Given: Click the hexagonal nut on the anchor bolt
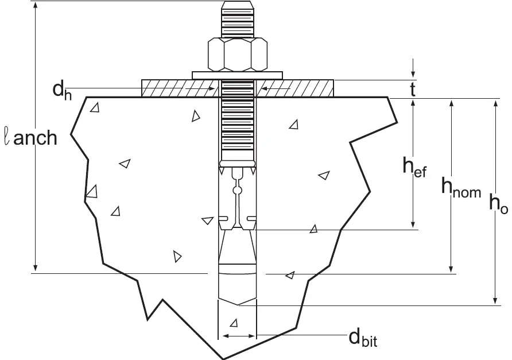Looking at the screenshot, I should [x=237, y=54].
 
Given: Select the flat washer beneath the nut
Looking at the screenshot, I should [x=237, y=75].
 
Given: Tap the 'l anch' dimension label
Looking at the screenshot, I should [x=32, y=138].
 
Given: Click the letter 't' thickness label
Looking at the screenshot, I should [x=412, y=89].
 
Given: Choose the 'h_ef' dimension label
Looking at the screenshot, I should [x=414, y=167].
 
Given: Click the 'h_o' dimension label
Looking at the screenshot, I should [x=498, y=204].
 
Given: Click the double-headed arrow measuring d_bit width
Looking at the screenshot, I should [x=238, y=336].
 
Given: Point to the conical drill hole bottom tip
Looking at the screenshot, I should [x=238, y=305].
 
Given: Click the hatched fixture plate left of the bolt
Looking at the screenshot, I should [x=178, y=88].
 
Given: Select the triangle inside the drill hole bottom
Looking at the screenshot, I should [x=233, y=322].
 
